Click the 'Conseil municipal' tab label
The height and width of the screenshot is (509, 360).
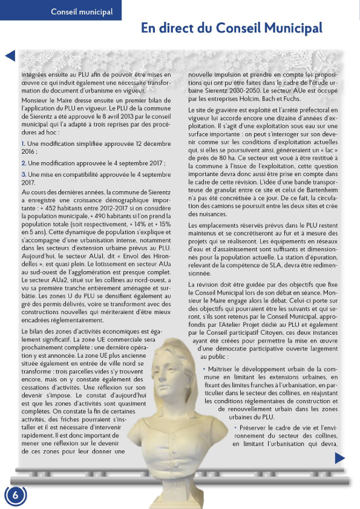coord(82,11)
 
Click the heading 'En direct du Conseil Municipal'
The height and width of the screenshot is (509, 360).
coord(231,28)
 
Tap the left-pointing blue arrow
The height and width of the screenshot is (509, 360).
coord(10,56)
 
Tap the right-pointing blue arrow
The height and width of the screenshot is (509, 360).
coord(339,458)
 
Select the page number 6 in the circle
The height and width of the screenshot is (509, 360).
coord(16,494)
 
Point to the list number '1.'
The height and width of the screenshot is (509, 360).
coord(24,143)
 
